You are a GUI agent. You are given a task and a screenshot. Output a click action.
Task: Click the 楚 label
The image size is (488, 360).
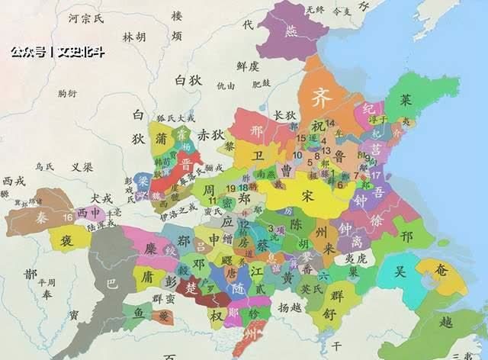tap(193, 288)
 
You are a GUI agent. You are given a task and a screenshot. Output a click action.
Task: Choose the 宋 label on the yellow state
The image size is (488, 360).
tap(308, 195)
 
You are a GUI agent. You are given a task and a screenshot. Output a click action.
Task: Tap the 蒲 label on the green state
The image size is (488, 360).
tap(160, 139)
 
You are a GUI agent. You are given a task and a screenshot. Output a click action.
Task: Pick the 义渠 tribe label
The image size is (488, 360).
tap(83, 166)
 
